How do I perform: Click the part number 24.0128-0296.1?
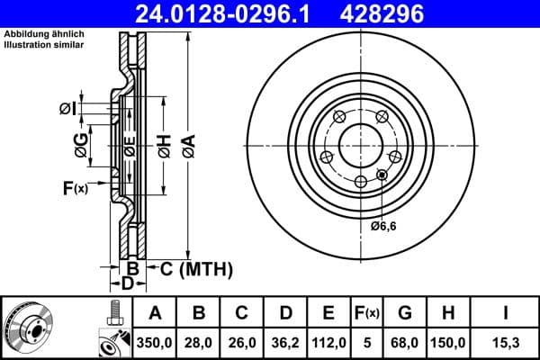[232, 13]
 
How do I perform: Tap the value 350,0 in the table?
[155, 342]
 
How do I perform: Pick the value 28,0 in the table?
[199, 342]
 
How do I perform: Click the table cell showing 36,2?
[285, 342]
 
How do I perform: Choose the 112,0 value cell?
[328, 342]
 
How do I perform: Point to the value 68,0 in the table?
[405, 342]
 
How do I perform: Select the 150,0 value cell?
[448, 342]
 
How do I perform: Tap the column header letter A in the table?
[155, 313]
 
